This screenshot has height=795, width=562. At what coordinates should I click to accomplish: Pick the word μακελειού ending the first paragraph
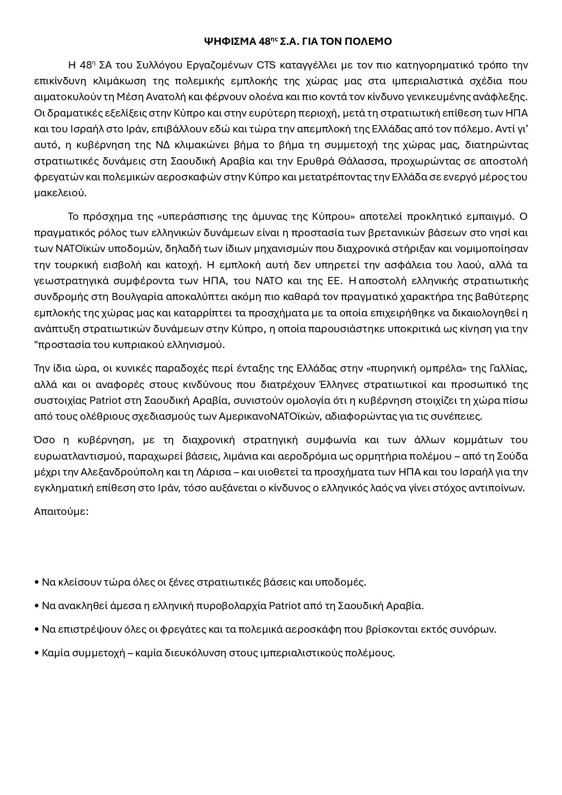59,193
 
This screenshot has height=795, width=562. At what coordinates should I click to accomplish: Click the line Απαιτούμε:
61,512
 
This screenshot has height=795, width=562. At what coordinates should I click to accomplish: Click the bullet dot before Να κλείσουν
36,582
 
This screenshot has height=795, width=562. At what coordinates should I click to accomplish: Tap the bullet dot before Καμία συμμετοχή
36,653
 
